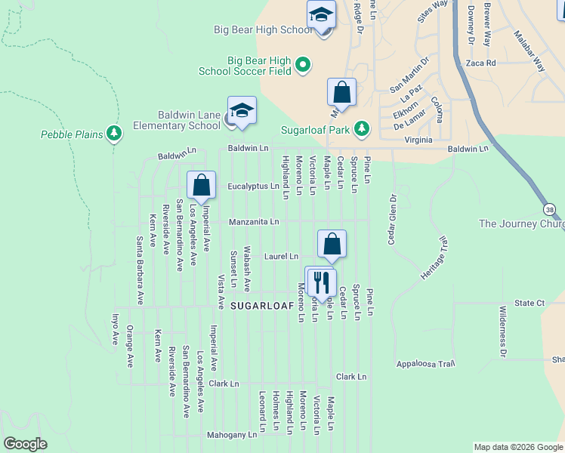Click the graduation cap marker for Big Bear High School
coord(321,16)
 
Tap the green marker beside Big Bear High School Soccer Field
coord(303,64)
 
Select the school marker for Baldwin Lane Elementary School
coord(242,112)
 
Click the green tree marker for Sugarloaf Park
coord(362,128)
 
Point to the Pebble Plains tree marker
coord(114,134)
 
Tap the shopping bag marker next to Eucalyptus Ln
coord(202,185)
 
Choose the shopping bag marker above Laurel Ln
coord(332,244)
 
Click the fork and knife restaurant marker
coord(323,282)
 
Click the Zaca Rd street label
coord(480,63)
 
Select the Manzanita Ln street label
coord(255,222)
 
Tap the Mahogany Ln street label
coord(232,436)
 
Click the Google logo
coord(25,444)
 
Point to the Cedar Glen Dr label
coord(392,220)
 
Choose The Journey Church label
coord(522,223)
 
